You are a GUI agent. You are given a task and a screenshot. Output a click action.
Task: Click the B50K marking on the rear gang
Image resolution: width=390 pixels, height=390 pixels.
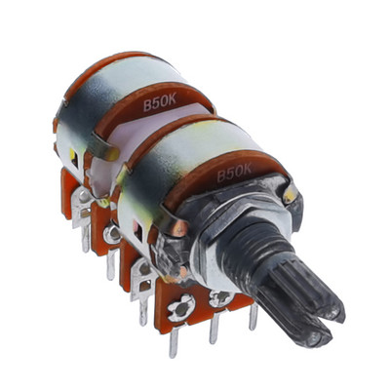pos(160,102)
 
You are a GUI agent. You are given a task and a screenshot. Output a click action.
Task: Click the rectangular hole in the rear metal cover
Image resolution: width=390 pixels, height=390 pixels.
pos(74,158)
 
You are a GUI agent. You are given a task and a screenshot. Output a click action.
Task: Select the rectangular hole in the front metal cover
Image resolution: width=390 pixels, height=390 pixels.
pos(138,231)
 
